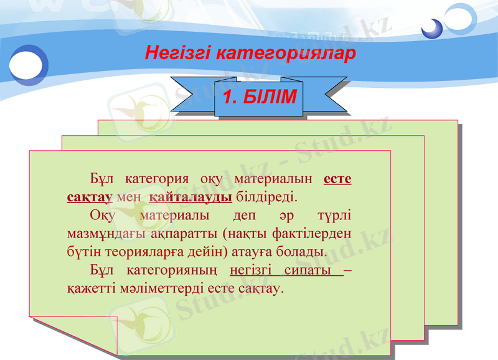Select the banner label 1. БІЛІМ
click(260, 98)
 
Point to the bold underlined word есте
click(337, 179)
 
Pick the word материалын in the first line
click(274, 179)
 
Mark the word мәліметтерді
click(166, 289)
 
